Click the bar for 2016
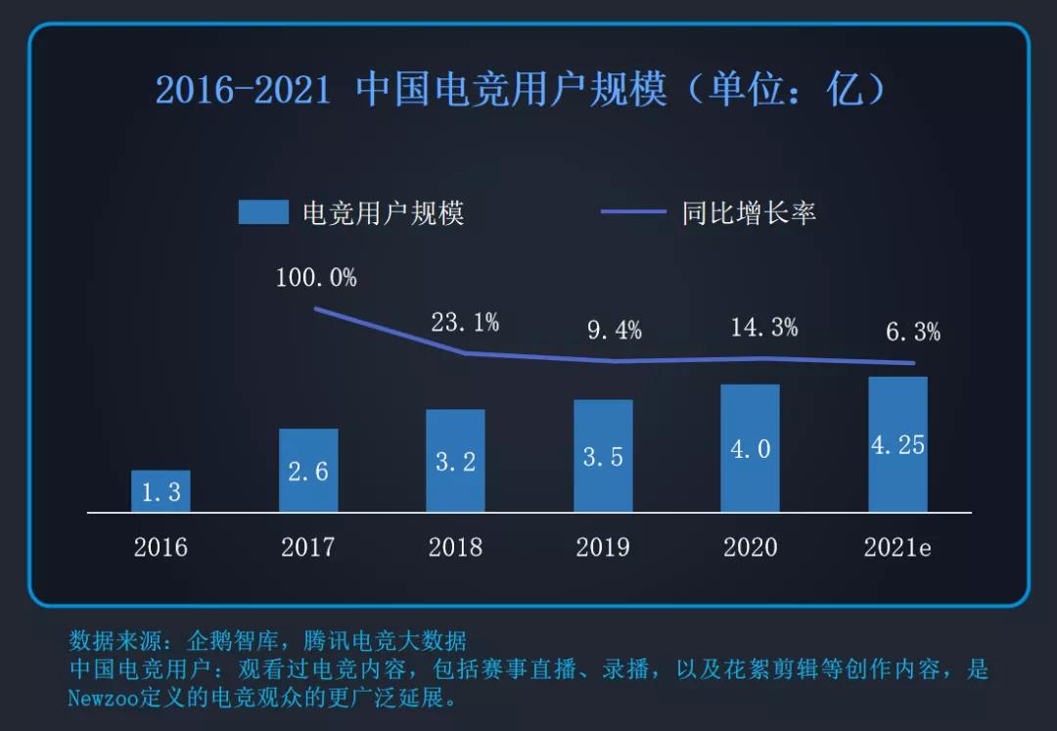tap(161, 491)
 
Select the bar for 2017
tap(308, 471)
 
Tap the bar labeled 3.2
tap(455, 461)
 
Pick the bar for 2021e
tap(897, 444)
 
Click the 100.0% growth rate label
tap(316, 278)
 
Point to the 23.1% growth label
tap(465, 322)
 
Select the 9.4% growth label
tap(614, 331)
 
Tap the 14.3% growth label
tap(763, 328)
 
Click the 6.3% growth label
tap(912, 333)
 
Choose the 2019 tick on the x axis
tap(603, 547)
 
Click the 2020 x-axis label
tap(751, 547)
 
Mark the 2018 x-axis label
tap(455, 547)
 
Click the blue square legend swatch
tap(263, 212)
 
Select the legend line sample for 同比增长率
tap(632, 212)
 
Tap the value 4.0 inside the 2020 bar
tap(751, 449)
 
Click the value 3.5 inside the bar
tap(603, 457)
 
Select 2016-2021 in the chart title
tap(243, 90)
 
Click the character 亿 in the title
tap(844, 90)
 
